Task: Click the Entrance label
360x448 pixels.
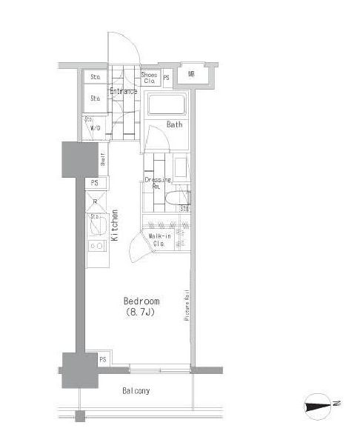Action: [124, 91]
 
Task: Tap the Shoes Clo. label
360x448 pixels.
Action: [149, 77]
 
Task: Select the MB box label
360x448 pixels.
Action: [190, 74]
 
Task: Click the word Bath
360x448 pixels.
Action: [174, 124]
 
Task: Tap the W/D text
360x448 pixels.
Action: [95, 127]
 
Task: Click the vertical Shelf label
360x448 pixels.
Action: [103, 158]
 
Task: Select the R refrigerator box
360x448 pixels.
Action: [96, 201]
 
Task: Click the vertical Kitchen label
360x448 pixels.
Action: [115, 226]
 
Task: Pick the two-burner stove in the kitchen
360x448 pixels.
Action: [96, 245]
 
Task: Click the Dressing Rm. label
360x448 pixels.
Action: [157, 182]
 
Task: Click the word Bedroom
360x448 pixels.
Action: [141, 301]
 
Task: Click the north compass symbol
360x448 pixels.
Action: [321, 404]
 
